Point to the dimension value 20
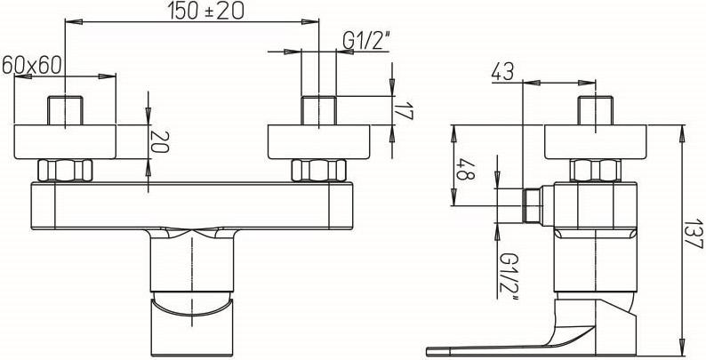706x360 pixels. tap(160, 141)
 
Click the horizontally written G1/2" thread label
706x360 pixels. tap(365, 42)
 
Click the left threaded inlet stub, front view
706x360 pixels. tap(66, 110)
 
